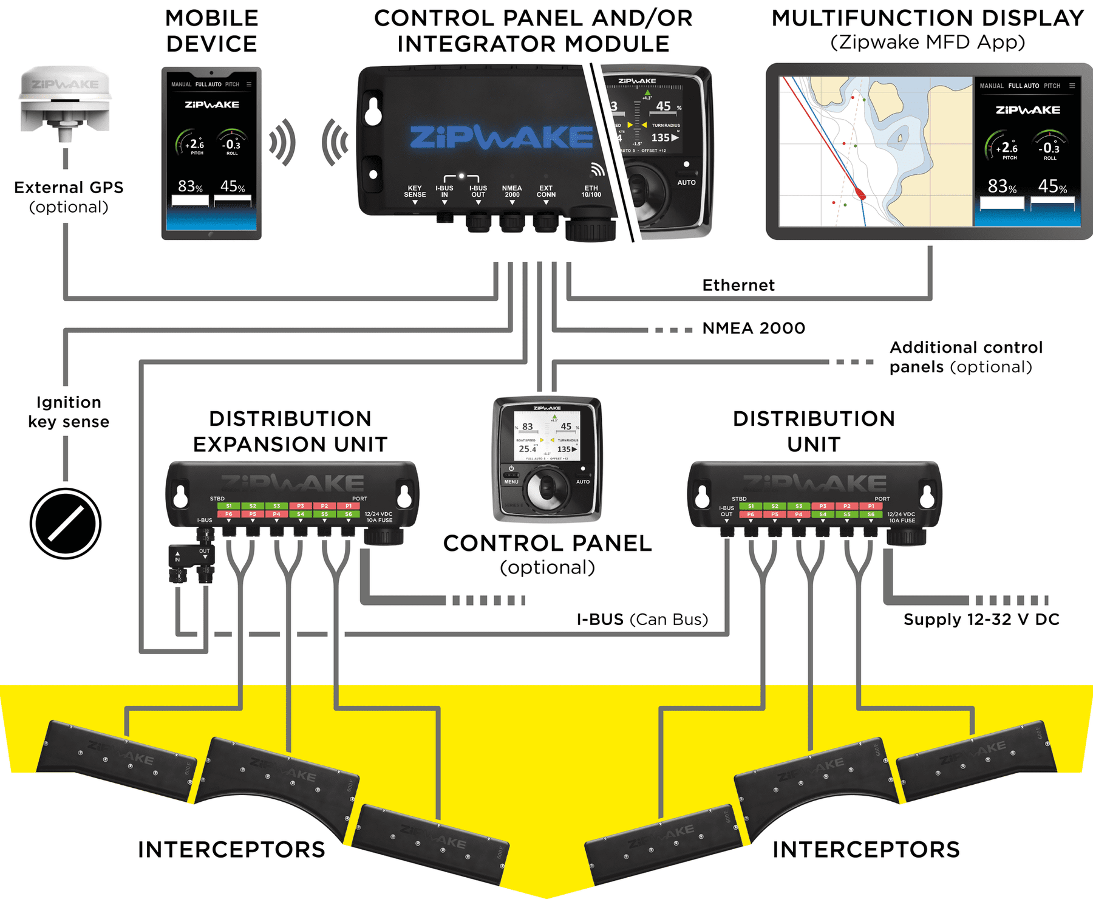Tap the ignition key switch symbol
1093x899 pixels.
(66, 523)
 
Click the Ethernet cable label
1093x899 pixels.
(738, 285)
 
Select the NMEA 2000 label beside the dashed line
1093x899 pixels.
(754, 329)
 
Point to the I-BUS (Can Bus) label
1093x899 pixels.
(642, 620)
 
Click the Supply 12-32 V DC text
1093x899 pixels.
(981, 620)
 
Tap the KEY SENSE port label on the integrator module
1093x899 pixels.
(415, 191)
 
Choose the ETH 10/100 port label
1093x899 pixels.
(591, 191)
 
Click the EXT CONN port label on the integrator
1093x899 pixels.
(546, 191)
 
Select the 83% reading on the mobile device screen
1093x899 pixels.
(190, 186)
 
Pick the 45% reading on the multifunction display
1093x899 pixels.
(1052, 186)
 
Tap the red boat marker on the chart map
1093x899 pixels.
(860, 194)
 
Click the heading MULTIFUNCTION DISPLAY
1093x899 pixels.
(927, 18)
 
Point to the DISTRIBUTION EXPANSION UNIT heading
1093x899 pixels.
(290, 431)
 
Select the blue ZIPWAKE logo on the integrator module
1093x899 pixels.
(501, 138)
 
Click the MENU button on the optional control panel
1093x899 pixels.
(511, 482)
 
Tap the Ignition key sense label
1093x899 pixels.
(69, 412)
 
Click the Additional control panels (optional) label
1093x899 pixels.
(965, 357)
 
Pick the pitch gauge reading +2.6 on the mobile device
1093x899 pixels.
(196, 145)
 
